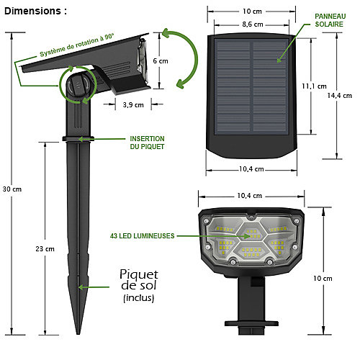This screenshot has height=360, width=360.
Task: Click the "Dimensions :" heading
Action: (x=35, y=11)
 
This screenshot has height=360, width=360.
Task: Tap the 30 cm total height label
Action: (x=12, y=189)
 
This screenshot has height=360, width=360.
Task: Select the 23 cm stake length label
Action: (x=45, y=249)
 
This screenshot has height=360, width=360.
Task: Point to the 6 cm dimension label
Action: (x=161, y=61)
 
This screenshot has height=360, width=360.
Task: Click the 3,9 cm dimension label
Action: (x=133, y=105)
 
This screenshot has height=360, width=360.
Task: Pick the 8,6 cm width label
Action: (x=253, y=24)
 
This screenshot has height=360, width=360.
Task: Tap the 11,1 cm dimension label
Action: (x=314, y=86)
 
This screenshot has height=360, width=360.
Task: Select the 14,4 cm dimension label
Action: (x=340, y=96)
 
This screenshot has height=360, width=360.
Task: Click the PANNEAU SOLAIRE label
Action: (x=330, y=20)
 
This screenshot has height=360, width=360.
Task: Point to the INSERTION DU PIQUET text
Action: (x=147, y=143)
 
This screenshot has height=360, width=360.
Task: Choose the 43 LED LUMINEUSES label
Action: (x=143, y=236)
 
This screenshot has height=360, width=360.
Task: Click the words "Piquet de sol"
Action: (x=139, y=280)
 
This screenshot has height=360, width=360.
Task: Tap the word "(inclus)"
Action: (x=139, y=298)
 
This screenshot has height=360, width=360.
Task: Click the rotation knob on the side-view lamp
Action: (x=78, y=85)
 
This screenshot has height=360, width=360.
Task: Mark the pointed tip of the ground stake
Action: (x=78, y=334)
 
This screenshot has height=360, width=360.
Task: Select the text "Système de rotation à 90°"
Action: (x=77, y=45)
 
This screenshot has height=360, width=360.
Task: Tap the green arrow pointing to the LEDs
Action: (x=214, y=236)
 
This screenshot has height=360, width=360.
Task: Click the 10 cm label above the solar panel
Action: (x=252, y=12)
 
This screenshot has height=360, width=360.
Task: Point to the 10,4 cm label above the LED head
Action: (x=250, y=196)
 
